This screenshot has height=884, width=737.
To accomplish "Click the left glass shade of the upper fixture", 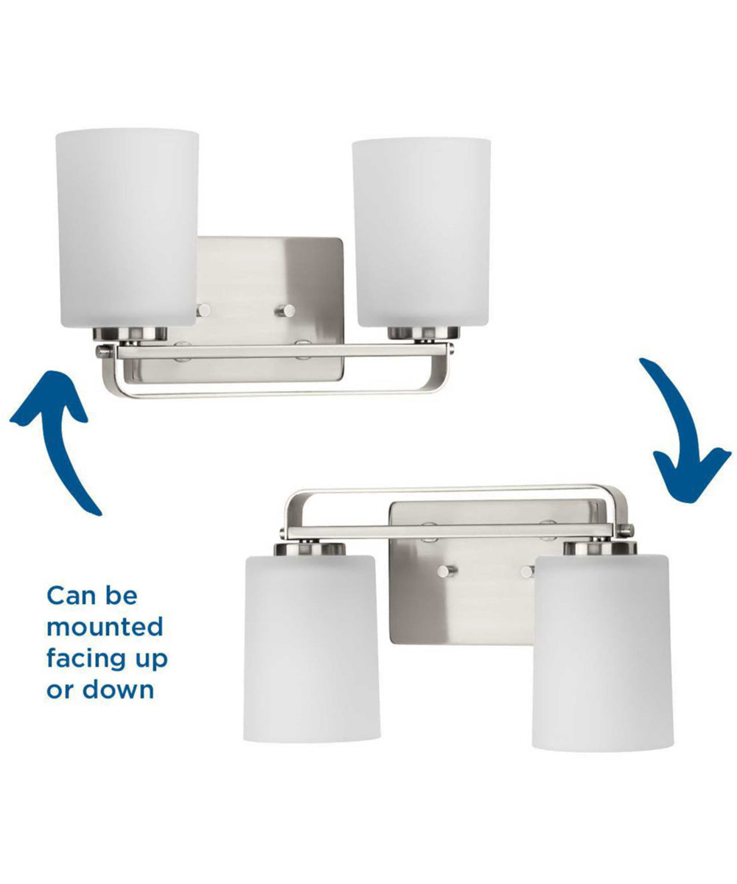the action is (x=127, y=228).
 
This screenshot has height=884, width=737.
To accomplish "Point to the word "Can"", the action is (x=68, y=597).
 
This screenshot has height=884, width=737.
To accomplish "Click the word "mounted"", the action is (x=105, y=627).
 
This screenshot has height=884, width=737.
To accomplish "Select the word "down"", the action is (x=118, y=690).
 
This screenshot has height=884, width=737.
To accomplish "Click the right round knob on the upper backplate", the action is (x=287, y=311).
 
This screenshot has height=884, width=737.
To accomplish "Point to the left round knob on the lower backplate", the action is (x=447, y=571).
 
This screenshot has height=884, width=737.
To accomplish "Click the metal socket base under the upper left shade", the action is (x=130, y=334).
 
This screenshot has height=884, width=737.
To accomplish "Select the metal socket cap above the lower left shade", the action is (x=310, y=549).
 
